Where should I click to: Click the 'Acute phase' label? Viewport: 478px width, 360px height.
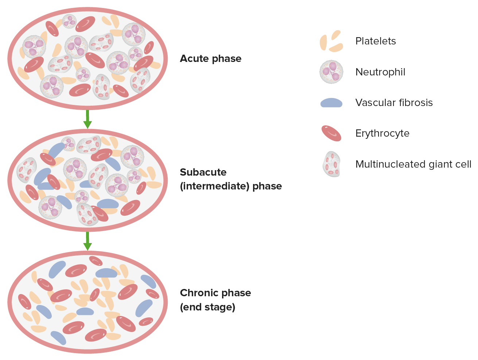pyautogui.click(x=210, y=59)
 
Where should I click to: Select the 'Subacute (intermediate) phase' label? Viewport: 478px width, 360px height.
pyautogui.click(x=230, y=179)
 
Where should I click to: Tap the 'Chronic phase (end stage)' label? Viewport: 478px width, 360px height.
pyautogui.click(x=215, y=300)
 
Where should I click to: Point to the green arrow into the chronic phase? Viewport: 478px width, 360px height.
pyautogui.click(x=87, y=241)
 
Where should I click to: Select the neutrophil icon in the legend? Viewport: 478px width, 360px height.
pyautogui.click(x=331, y=72)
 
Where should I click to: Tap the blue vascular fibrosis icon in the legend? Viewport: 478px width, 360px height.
pyautogui.click(x=331, y=103)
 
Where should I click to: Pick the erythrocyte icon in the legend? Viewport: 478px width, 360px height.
pyautogui.click(x=331, y=133)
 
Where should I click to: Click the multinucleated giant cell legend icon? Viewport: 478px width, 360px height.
pyautogui.click(x=331, y=164)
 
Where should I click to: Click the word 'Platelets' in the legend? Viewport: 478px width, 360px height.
pyautogui.click(x=376, y=41)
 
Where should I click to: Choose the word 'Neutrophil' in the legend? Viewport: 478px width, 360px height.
pyautogui.click(x=380, y=72)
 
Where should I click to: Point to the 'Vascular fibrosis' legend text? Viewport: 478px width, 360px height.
pyautogui.click(x=394, y=103)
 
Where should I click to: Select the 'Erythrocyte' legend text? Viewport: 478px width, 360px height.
pyautogui.click(x=382, y=133)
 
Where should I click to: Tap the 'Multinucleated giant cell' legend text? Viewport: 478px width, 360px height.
pyautogui.click(x=413, y=164)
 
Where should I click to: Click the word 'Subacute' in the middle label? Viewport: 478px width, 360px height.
pyautogui.click(x=203, y=172)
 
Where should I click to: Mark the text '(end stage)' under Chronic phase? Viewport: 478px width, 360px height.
pyautogui.click(x=207, y=307)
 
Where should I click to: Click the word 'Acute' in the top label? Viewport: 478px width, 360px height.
pyautogui.click(x=194, y=59)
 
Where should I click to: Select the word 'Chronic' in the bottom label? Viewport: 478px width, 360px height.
pyautogui.click(x=199, y=293)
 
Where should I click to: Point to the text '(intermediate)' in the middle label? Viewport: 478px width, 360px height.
pyautogui.click(x=214, y=186)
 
